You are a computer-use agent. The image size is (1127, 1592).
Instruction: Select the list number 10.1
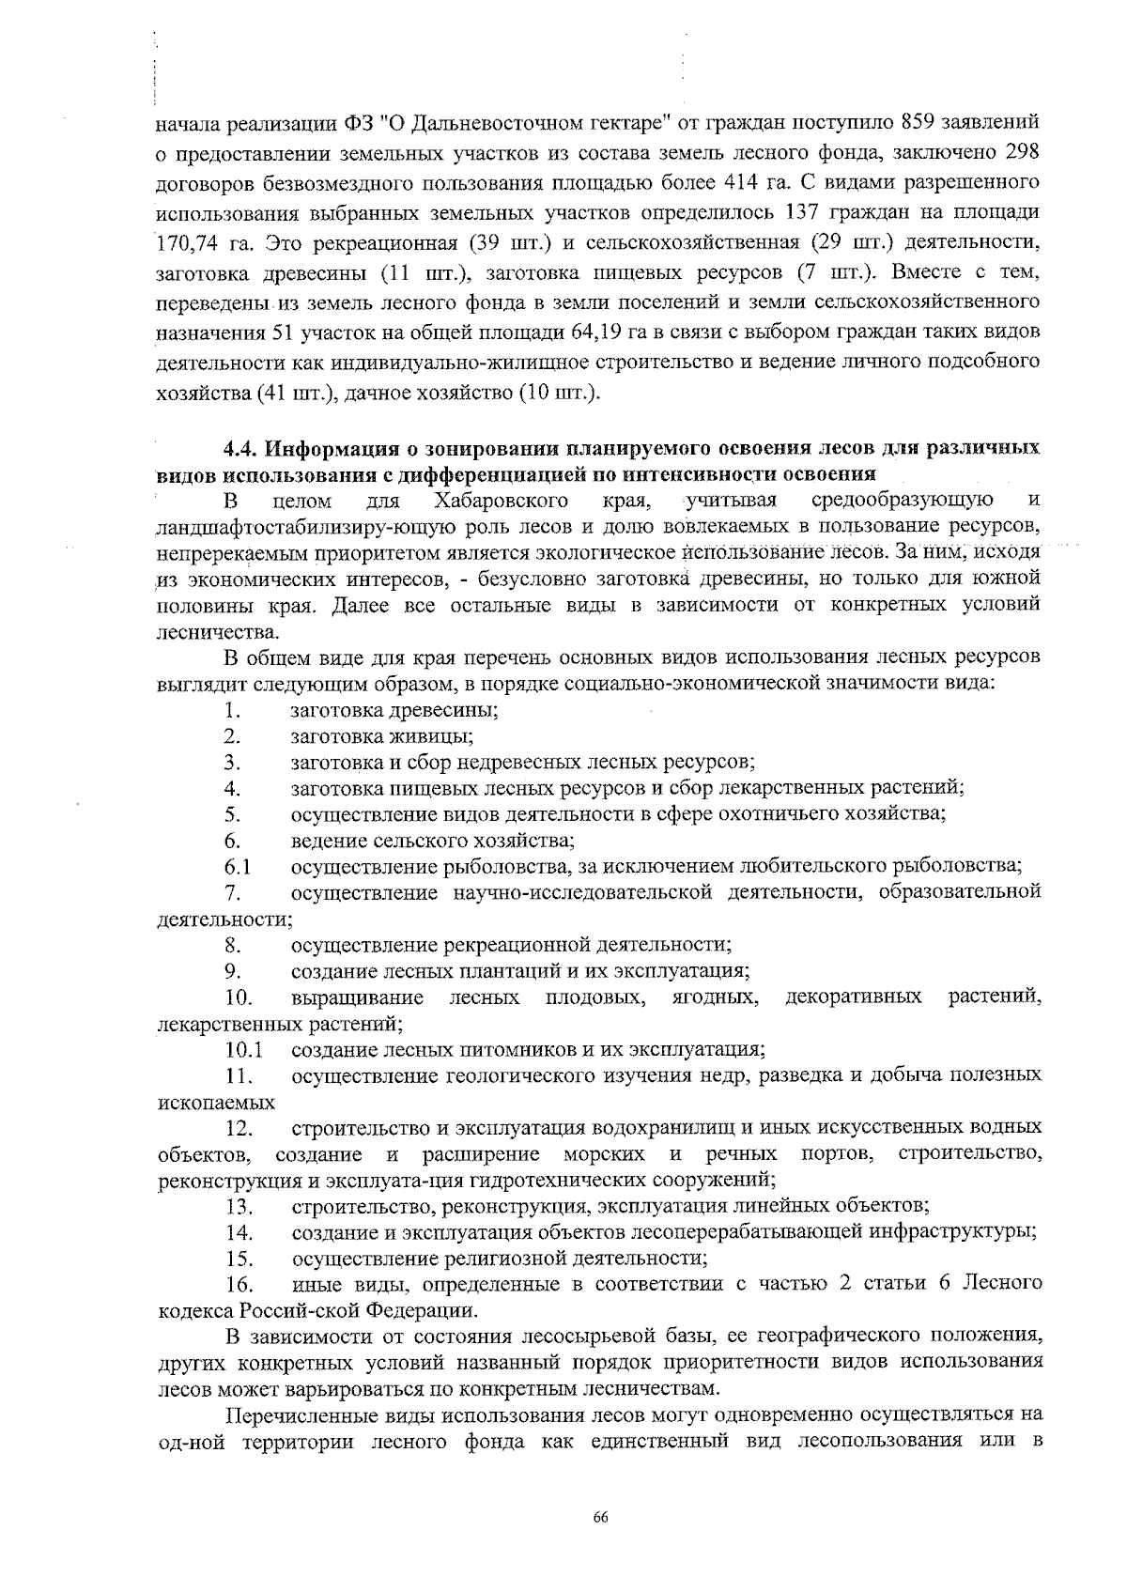[x=243, y=1048]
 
